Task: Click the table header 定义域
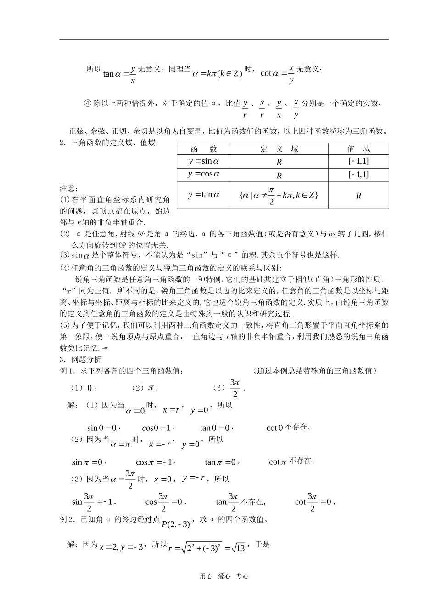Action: coord(279,149)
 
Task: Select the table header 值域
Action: coord(358,149)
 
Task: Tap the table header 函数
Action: coord(203,149)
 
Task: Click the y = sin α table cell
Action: coord(203,161)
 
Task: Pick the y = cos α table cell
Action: coord(203,174)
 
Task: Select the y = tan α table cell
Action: coord(203,195)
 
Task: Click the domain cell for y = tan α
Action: coord(279,195)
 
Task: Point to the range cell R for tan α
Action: coord(358,196)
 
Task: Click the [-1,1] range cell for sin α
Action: coord(358,161)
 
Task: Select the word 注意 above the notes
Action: coord(69,188)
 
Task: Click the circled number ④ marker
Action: coord(88,103)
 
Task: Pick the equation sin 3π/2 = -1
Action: coord(94,502)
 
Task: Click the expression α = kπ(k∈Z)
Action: coord(217,73)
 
